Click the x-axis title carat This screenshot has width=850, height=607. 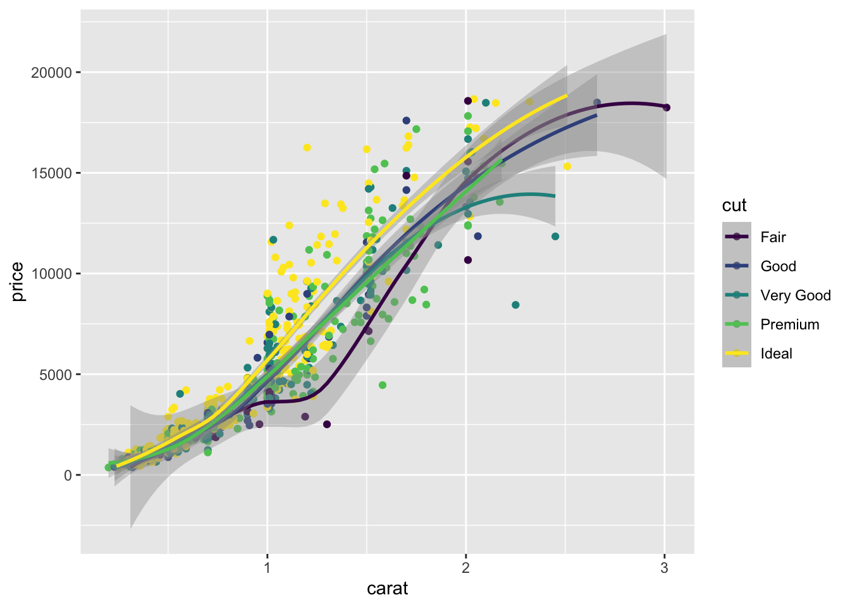[x=387, y=589]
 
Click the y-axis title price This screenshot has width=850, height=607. [x=18, y=281]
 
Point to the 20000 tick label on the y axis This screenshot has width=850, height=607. [x=52, y=73]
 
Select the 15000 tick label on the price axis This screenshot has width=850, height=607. [x=52, y=173]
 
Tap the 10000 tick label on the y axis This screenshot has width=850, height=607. [x=52, y=274]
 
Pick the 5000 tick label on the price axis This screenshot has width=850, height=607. [x=56, y=374]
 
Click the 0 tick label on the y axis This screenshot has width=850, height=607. [x=68, y=475]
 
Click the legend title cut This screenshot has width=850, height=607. [x=734, y=205]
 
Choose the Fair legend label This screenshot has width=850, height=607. [x=773, y=237]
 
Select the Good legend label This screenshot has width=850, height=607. [x=778, y=266]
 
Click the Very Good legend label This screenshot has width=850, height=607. [x=796, y=295]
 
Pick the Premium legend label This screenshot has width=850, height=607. [x=789, y=324]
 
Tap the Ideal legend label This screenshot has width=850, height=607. [x=776, y=353]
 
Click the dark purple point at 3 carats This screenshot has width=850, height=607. [x=667, y=107]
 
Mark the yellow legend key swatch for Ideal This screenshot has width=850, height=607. [x=737, y=353]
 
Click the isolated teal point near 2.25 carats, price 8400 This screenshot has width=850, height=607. [x=515, y=305]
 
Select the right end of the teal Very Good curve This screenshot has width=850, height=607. [x=555, y=196]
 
